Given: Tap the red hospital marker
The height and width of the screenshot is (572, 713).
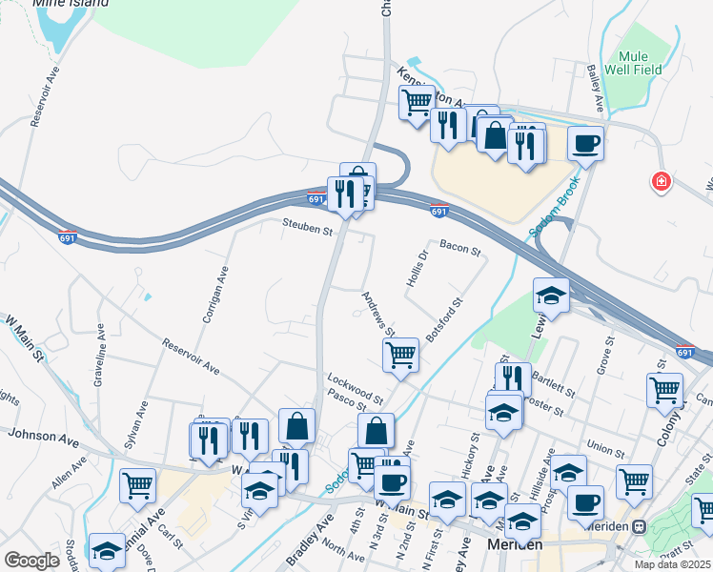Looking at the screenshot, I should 659,181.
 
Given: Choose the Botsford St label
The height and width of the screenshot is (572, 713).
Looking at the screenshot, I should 445,319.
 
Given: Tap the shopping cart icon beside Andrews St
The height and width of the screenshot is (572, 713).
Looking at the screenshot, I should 401,355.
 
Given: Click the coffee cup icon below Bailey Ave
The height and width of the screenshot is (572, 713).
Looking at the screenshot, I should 586,144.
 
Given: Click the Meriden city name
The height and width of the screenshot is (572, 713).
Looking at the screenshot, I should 514,544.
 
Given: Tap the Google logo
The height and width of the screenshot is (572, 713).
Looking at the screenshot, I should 31,560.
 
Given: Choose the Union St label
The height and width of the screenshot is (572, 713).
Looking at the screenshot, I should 604,446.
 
